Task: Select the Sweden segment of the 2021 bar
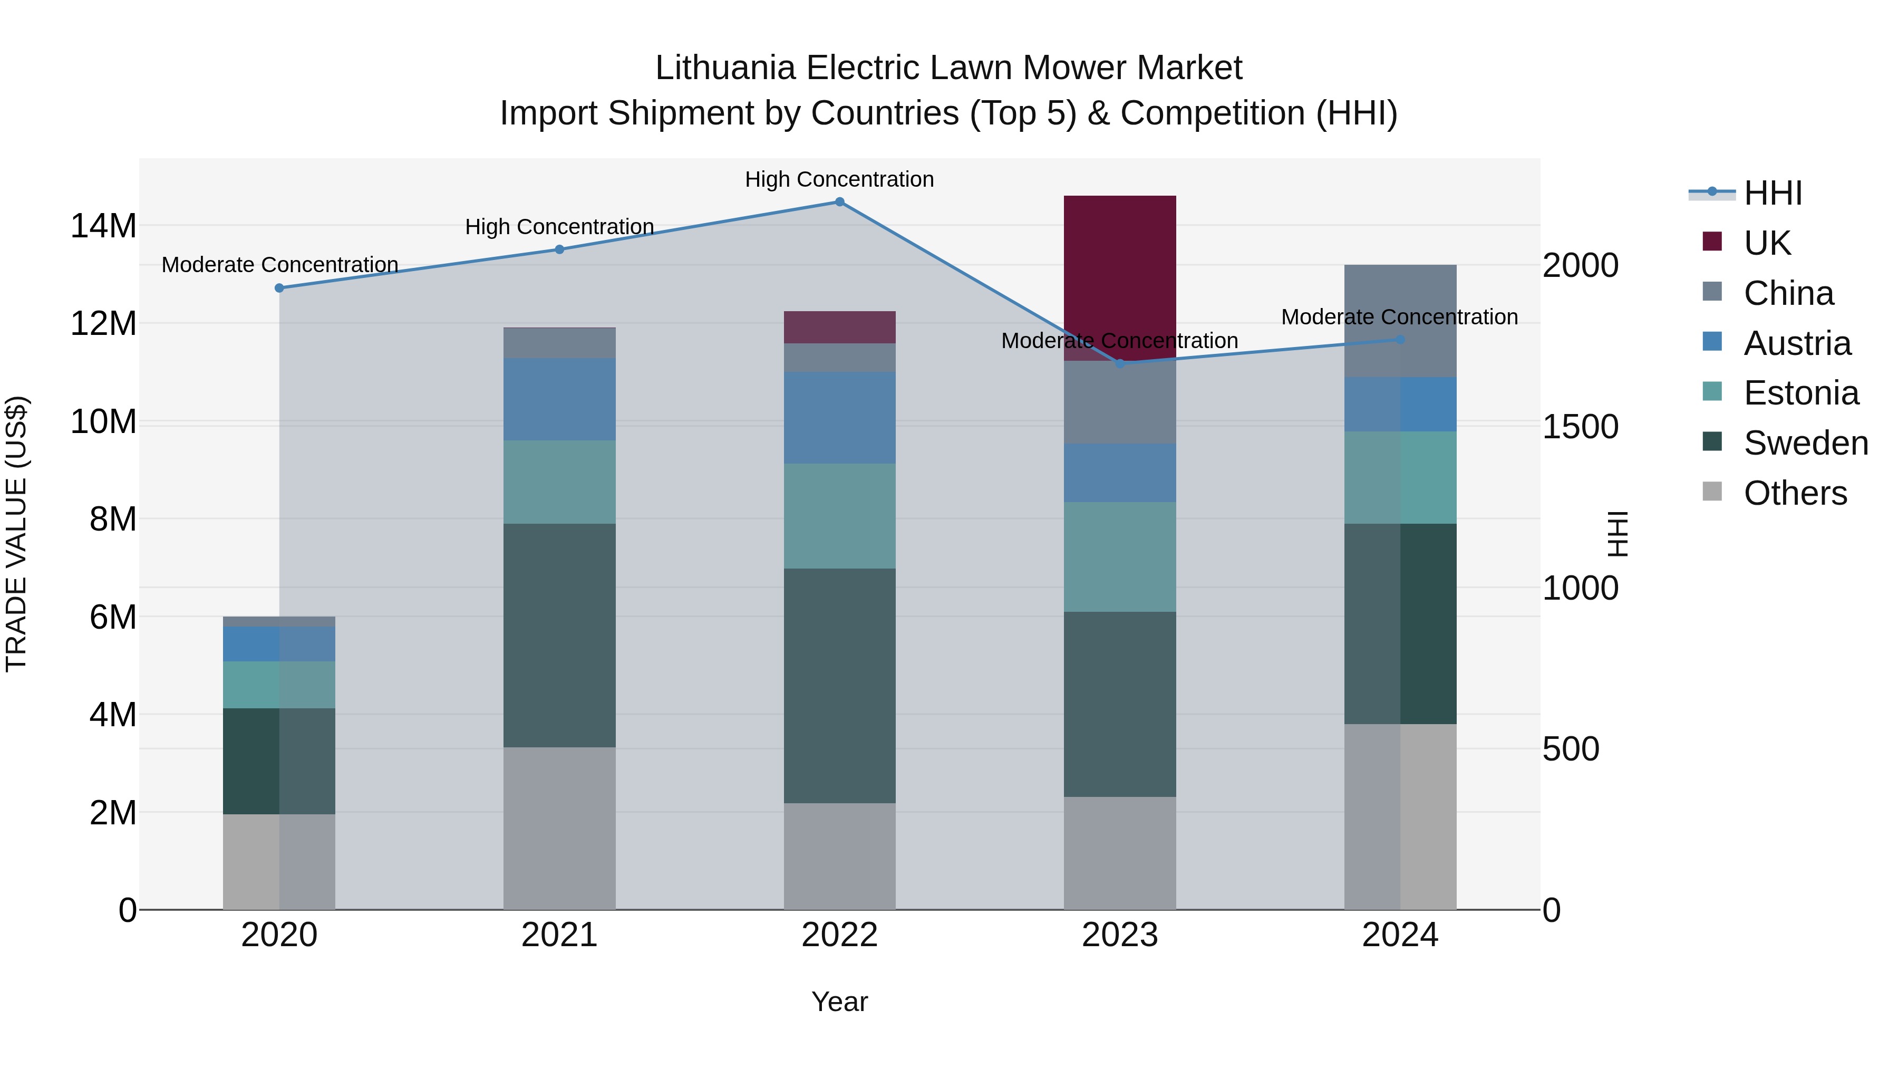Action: pos(559,636)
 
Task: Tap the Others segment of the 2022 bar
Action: pos(839,856)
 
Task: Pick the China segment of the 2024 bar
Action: pos(1400,321)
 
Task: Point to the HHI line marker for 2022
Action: pos(839,202)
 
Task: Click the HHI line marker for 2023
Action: pos(1120,363)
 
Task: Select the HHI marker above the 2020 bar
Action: pos(279,288)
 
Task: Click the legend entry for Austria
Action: pos(1796,343)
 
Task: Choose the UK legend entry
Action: pos(1766,243)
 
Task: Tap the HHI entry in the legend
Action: pos(1772,193)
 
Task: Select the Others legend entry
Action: pos(1794,493)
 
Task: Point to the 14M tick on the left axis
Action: pos(103,226)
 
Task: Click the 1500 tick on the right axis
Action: pos(1581,427)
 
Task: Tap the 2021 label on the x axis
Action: pos(559,935)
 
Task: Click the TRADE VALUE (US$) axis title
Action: pos(16,534)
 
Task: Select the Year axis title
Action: pos(839,1002)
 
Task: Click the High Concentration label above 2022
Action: pos(839,179)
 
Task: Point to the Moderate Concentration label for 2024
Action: pos(1399,317)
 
